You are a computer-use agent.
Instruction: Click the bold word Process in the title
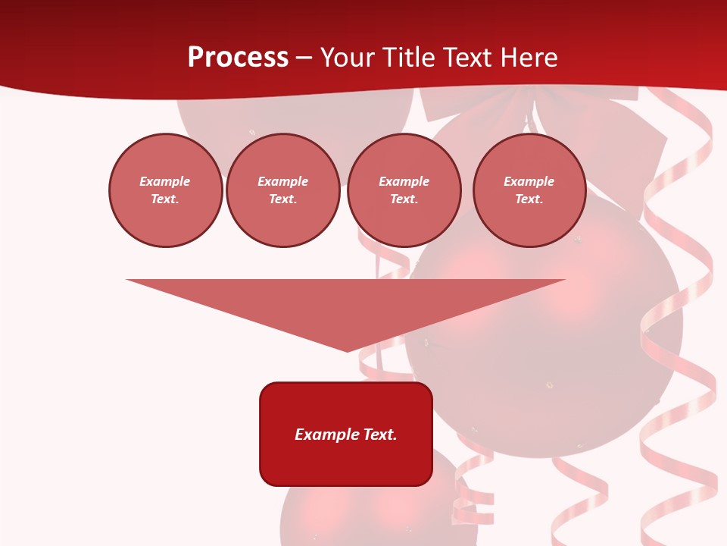point(238,58)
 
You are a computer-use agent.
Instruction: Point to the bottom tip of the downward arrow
point(347,350)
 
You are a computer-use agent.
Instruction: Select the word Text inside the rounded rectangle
point(381,435)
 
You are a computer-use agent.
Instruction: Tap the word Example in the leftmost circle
point(165,181)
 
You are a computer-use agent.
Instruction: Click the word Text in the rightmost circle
point(529,199)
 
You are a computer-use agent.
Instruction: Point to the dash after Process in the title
point(304,58)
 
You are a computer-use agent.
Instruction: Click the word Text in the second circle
point(282,199)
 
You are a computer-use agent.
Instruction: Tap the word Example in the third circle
point(404,181)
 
